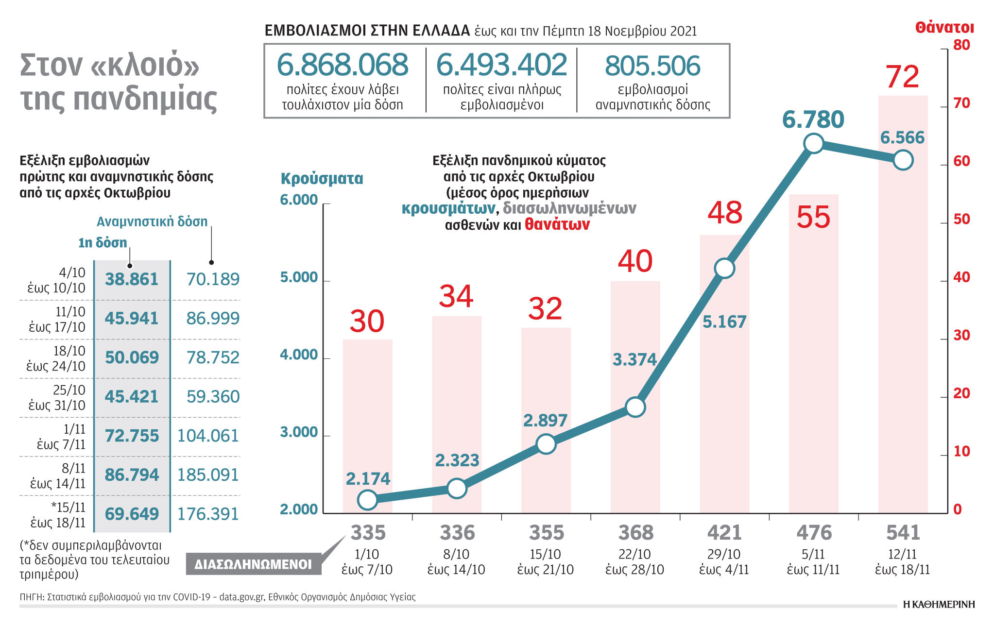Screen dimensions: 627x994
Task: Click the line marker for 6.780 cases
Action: click(814, 143)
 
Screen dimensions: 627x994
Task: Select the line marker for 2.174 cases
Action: click(368, 500)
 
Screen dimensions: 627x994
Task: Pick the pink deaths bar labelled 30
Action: click(368, 427)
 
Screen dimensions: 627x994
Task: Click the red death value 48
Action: click(725, 213)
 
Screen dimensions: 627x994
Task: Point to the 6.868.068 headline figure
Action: click(343, 65)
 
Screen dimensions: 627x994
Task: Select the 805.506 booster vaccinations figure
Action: click(652, 66)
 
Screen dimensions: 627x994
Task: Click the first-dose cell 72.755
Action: click(132, 436)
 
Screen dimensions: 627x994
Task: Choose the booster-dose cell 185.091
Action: click(208, 474)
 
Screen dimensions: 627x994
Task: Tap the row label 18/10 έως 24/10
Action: click(56, 358)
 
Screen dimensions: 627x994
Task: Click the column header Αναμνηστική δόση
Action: click(152, 221)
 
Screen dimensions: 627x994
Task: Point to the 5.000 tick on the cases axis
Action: click(299, 277)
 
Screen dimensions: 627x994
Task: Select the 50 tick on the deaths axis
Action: click(961, 219)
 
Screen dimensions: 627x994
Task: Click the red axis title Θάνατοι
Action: click(944, 28)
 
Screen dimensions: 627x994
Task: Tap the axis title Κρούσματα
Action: click(322, 179)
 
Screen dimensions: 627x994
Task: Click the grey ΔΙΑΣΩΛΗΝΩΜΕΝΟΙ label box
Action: click(253, 564)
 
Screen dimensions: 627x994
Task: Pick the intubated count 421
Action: click(724, 533)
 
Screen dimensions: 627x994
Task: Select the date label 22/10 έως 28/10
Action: click(635, 562)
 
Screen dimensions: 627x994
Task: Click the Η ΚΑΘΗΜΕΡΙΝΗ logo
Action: click(939, 604)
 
